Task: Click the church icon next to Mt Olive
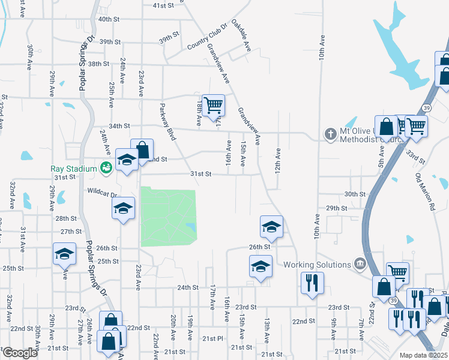330,134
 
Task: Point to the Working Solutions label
317,265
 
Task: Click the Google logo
19,353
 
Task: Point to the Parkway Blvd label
167,122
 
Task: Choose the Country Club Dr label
208,37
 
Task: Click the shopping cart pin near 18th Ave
213,106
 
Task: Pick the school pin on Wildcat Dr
123,209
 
